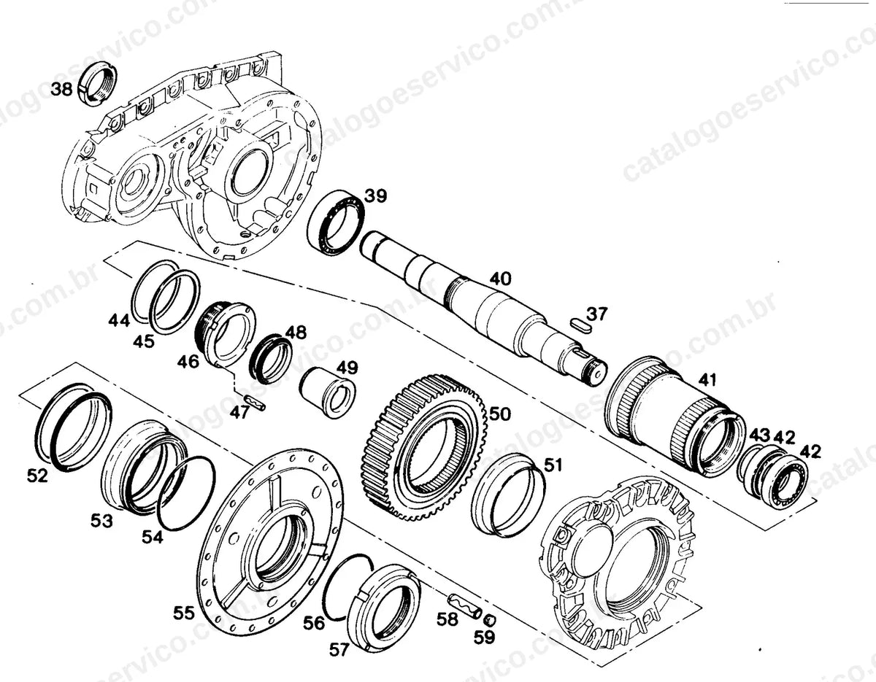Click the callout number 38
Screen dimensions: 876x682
(61, 89)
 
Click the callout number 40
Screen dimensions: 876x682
(500, 279)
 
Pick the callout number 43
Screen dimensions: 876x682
(760, 435)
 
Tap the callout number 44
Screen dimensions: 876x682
(119, 321)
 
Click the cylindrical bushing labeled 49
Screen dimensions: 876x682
(327, 392)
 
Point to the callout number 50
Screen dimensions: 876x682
(500, 414)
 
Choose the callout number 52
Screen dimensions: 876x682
(37, 476)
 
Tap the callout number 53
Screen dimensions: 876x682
(101, 521)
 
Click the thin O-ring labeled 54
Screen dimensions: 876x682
(187, 492)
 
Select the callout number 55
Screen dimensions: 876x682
(184, 613)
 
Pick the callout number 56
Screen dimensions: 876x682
(314, 623)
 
